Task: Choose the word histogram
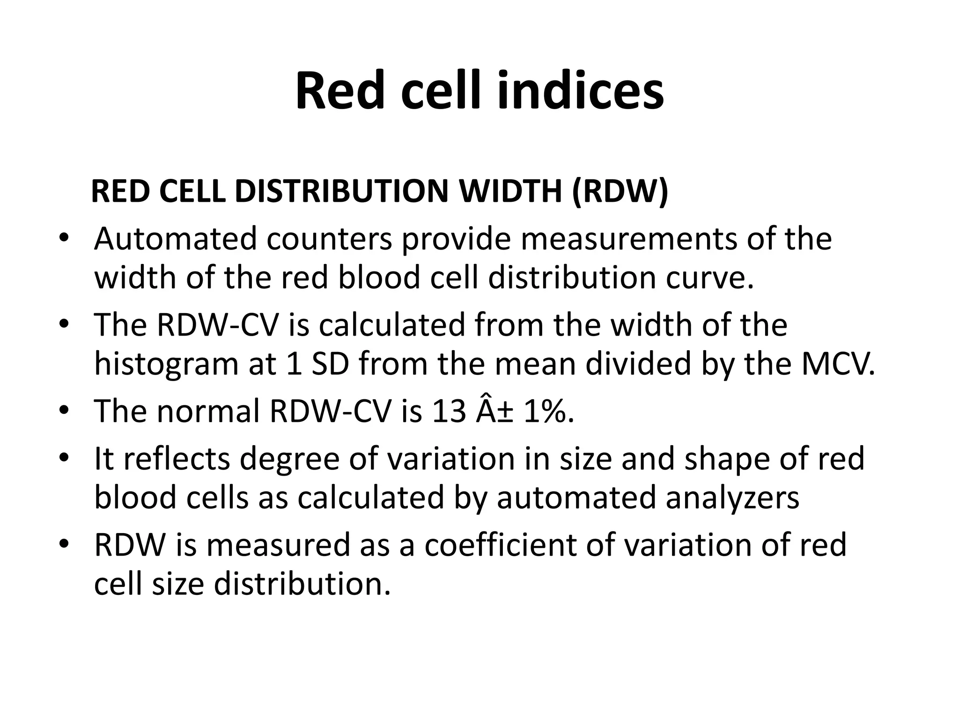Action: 167,364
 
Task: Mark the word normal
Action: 208,411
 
